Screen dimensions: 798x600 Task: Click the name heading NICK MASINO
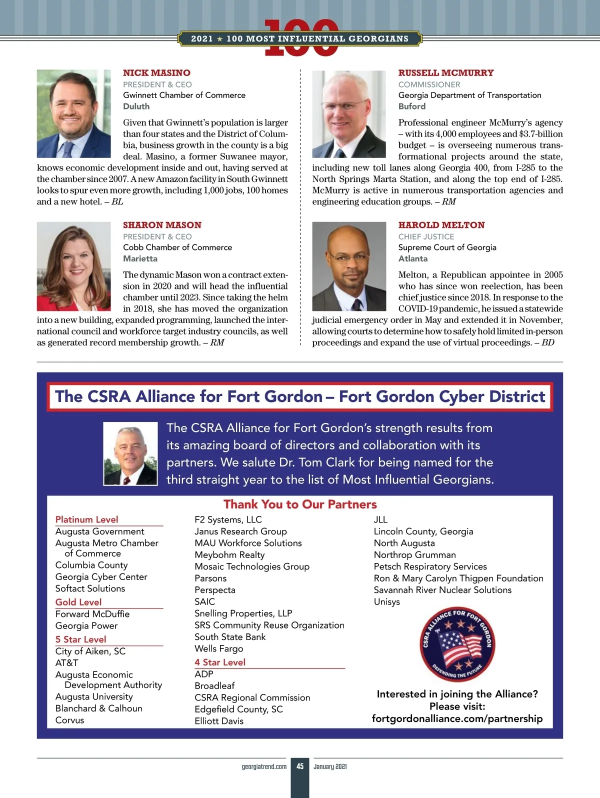[x=156, y=73]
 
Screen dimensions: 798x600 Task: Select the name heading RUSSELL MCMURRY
[x=445, y=73]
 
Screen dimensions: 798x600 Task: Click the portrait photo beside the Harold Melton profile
[x=349, y=266]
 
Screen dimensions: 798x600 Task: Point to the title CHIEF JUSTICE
[x=426, y=236]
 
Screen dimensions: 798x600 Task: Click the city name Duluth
[x=136, y=106]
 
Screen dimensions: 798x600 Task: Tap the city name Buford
[x=411, y=106]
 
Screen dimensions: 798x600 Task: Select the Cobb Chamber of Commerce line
[x=177, y=247]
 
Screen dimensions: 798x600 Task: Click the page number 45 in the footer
[x=300, y=766]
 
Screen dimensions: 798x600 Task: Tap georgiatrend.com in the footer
[x=264, y=766]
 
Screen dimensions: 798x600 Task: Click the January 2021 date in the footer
[x=330, y=766]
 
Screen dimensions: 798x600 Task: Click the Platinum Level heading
[x=86, y=519]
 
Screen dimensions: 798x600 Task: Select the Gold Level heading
[x=78, y=602]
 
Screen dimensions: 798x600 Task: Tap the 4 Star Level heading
[x=220, y=662]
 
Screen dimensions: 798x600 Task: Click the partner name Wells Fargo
[x=218, y=648]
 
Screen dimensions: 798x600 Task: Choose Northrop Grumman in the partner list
[x=414, y=555]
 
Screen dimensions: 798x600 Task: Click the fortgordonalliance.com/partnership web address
[x=457, y=718]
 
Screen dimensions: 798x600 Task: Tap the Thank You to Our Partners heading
[x=300, y=504]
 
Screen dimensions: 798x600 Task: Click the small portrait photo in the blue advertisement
[x=130, y=453]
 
